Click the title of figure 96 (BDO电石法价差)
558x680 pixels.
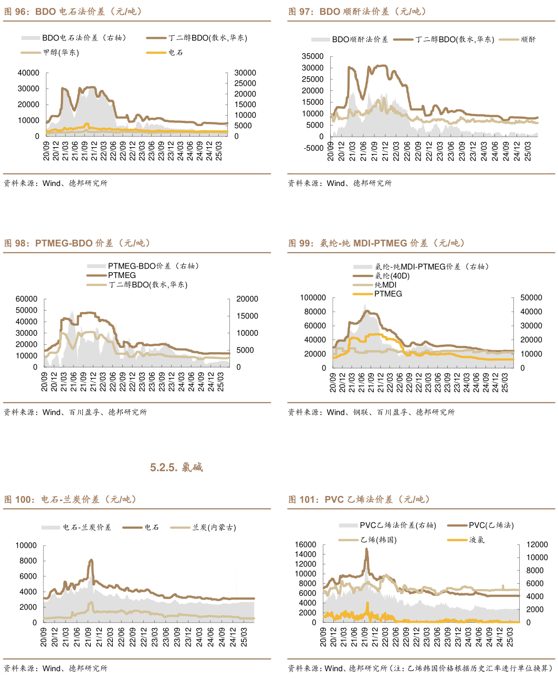73,12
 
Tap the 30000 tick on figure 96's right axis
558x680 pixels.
245,73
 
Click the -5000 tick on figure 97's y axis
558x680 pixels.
313,148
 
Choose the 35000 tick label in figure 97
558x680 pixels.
313,56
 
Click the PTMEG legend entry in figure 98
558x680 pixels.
122,275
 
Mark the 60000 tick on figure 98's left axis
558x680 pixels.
26,299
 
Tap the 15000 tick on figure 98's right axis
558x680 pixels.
247,316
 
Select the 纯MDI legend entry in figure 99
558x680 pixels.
385,285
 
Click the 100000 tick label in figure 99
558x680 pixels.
313,298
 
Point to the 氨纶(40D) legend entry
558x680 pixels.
392,276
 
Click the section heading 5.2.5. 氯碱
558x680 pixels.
176,467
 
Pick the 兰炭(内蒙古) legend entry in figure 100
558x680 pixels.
214,527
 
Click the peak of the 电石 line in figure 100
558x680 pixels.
91,560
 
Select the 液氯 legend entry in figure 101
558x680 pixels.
477,540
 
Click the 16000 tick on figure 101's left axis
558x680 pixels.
306,545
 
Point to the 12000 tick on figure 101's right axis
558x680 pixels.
537,545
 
